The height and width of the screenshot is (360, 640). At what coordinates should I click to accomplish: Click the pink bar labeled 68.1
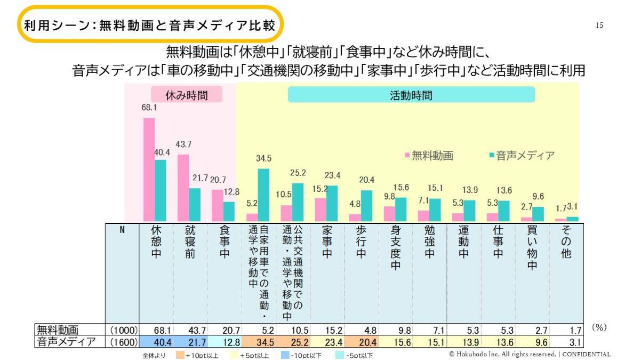149,170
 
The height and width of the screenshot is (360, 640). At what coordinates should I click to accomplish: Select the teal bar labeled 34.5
263,195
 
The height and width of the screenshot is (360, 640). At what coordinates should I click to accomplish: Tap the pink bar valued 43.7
183,188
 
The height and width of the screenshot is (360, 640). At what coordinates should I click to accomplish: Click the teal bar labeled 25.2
298,202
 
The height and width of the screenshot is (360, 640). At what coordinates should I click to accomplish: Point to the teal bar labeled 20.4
366,206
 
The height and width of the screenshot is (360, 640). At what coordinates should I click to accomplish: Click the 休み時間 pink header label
187,94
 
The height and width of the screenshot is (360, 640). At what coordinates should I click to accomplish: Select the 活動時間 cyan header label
411,94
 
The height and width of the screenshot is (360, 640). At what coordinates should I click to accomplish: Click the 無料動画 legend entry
429,156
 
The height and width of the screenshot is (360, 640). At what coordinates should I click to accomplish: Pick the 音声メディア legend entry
522,156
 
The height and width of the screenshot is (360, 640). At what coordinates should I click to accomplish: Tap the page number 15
599,26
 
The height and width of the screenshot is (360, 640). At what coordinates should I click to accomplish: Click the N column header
122,230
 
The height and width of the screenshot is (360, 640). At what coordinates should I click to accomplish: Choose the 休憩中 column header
156,242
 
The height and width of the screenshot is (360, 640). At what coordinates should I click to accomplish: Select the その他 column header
566,242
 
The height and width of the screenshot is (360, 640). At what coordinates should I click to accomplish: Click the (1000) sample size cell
124,330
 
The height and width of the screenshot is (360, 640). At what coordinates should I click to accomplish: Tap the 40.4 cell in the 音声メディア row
156,342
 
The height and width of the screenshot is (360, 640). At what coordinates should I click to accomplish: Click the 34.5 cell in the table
259,342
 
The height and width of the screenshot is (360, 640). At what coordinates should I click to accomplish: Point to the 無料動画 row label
58,330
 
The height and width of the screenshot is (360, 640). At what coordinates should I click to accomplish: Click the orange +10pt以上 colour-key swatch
180,355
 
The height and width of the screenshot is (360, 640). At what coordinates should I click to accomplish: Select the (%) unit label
599,327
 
